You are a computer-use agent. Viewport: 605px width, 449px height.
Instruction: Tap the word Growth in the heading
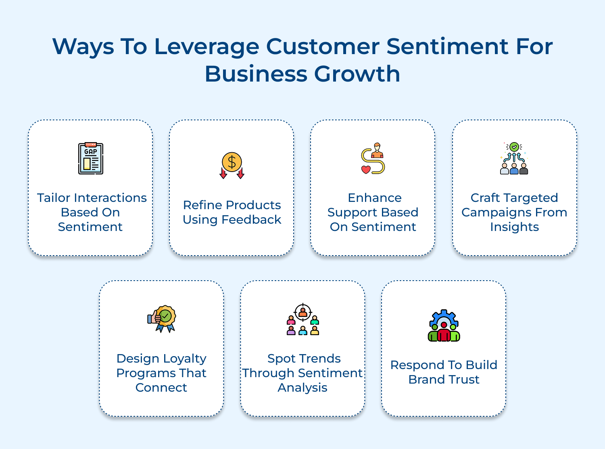point(357,74)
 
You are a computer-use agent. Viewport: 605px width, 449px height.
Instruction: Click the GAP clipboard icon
point(91,158)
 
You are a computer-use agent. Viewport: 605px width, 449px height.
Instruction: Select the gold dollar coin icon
point(232,162)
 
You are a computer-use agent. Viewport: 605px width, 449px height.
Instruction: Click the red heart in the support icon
point(366,170)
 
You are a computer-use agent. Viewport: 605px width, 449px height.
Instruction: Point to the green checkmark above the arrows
point(514,147)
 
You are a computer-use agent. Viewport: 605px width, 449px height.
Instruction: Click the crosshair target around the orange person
point(303,312)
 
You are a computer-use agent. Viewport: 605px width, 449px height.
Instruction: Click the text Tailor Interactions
point(92,198)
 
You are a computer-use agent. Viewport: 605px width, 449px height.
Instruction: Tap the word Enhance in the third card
point(375,198)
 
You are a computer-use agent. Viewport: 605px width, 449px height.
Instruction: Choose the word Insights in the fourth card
point(514,227)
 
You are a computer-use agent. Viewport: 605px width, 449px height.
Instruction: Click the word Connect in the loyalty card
point(161,388)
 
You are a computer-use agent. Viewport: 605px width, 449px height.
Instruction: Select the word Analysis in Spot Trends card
point(302,388)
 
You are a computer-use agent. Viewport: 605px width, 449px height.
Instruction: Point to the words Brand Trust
point(444,380)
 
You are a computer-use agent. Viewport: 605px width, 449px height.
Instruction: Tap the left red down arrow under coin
point(223,174)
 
